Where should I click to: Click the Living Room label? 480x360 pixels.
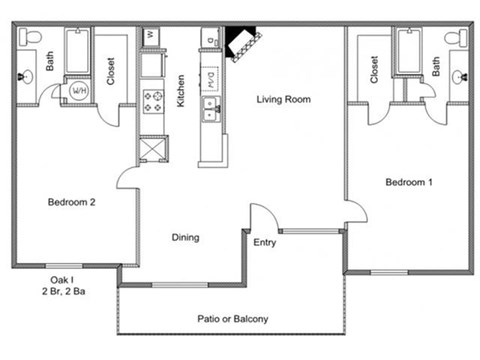[283, 99]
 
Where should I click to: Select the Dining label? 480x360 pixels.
[184, 237]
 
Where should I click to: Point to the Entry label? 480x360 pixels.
[265, 243]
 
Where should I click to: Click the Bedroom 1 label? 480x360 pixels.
[409, 182]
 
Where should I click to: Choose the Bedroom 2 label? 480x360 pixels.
[72, 202]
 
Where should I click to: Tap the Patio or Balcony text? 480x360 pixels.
[233, 320]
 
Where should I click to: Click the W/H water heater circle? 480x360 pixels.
[77, 91]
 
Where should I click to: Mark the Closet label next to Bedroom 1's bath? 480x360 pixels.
[374, 68]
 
